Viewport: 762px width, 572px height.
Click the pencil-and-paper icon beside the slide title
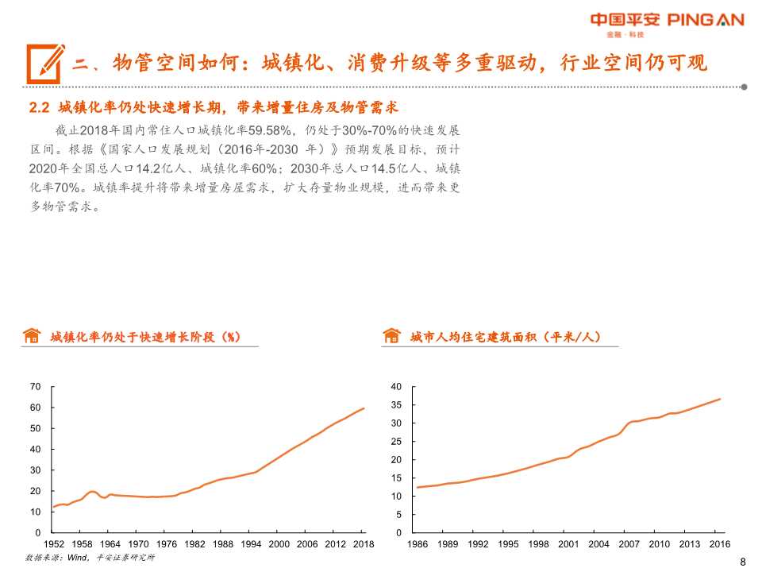(x=44, y=61)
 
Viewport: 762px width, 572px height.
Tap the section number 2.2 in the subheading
(x=39, y=107)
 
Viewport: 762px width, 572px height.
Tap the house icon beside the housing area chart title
(x=391, y=336)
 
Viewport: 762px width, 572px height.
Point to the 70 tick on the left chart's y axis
(x=35, y=387)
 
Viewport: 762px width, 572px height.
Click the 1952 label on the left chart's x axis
(x=53, y=544)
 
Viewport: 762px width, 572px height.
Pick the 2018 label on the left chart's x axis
(x=364, y=544)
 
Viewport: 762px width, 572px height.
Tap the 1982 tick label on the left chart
(x=194, y=544)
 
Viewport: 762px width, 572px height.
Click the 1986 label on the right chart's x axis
(x=417, y=544)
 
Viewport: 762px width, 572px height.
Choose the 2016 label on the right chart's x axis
(x=719, y=544)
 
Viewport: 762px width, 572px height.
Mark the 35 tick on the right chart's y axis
(x=398, y=405)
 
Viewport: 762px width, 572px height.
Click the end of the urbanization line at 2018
(x=364, y=408)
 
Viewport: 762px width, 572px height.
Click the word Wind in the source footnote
(x=76, y=558)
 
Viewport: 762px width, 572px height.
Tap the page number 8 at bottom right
(x=742, y=562)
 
